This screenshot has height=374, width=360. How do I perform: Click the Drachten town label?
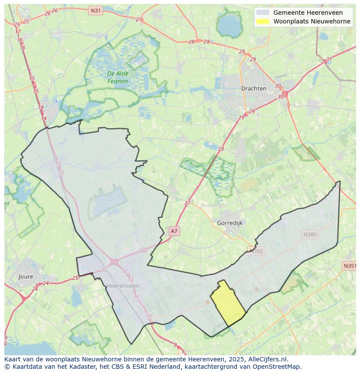pos(253,88)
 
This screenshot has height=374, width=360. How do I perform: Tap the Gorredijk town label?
pos(230,223)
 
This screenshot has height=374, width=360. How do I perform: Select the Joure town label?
pos(26,276)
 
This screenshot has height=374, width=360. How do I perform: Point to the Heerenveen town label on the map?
pos(123,285)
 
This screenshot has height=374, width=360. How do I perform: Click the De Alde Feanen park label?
pos(118,77)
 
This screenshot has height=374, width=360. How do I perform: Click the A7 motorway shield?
pos(174,231)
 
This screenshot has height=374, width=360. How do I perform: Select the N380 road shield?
pos(310,235)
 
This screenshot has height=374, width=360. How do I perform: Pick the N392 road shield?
pos(256,250)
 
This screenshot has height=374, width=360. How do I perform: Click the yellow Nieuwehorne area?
pos(227,304)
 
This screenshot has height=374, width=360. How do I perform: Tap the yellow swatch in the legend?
pos(263,21)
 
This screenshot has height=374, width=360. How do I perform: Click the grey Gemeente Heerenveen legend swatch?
pos(263,13)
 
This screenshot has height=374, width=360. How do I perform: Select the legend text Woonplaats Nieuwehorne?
pos(312,21)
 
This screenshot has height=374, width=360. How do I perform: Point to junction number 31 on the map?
pos(329,59)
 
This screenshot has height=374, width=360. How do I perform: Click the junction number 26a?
pos(143,251)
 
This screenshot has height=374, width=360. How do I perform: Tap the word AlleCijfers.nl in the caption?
pos(268,359)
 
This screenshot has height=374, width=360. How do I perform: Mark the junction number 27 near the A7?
pos(187,203)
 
